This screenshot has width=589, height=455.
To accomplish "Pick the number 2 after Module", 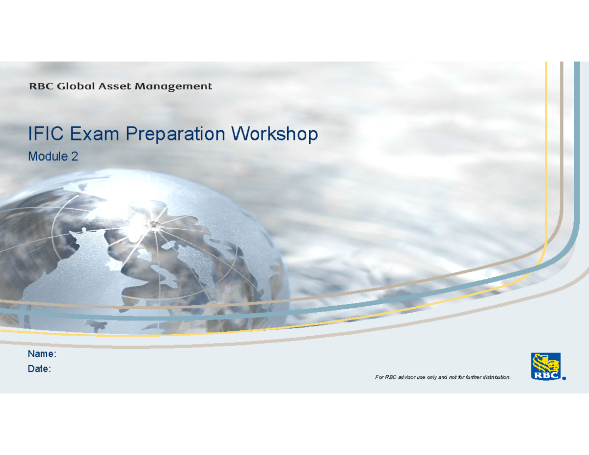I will coord(75,157).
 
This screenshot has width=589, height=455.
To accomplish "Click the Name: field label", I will coord(42,354).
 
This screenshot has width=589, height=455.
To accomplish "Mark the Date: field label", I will coord(39,369).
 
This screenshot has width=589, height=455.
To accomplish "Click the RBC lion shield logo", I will coord(545,366).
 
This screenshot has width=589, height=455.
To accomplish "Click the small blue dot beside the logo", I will coord(564,378).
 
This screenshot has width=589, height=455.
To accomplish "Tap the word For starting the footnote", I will coord(379,377).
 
